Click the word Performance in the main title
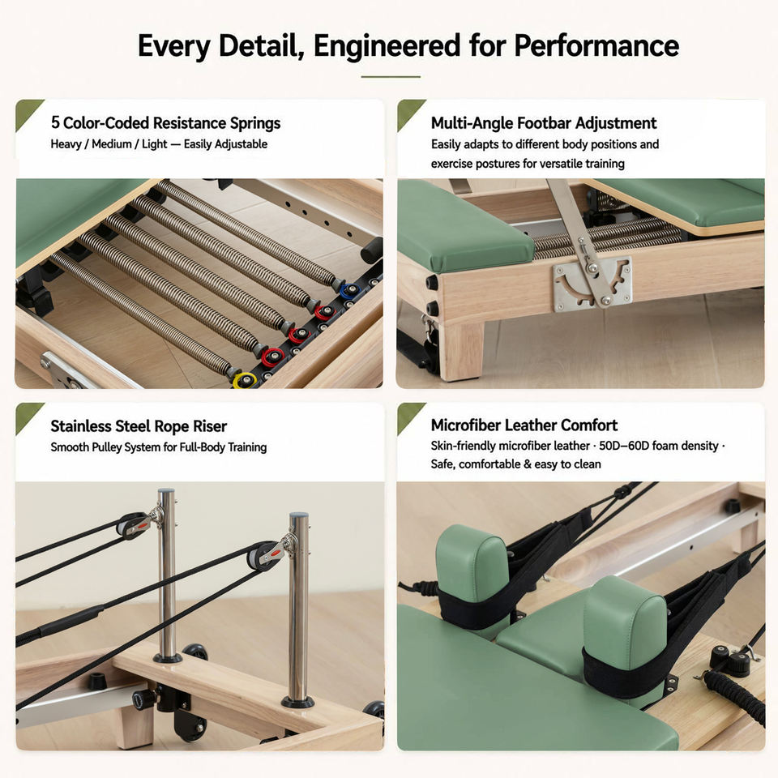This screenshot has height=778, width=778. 596,46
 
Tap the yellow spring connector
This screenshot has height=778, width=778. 245,380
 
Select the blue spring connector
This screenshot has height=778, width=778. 350,289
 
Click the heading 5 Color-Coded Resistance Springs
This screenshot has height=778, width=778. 165,122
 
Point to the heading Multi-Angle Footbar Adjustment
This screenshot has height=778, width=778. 544,122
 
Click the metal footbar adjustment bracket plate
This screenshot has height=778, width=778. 592,283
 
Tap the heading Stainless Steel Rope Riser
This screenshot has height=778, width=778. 139,426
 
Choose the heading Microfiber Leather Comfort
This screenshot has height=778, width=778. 524,425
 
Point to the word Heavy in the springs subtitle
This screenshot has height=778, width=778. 66,144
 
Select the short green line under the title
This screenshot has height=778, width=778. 391,77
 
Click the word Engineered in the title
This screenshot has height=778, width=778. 387,47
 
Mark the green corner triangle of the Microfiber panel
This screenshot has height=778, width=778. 408,414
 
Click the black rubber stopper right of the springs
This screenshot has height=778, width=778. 372,250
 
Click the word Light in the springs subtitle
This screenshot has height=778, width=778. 154,144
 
